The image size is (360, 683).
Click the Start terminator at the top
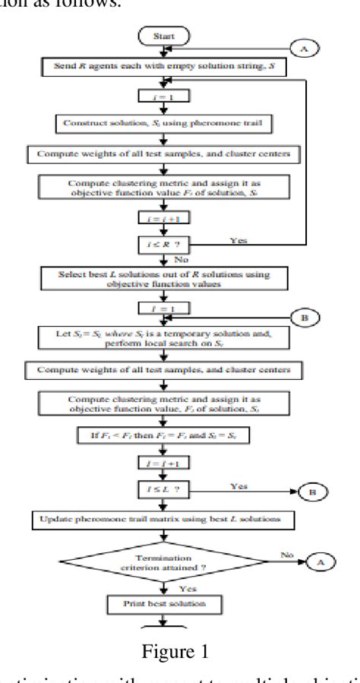pyautogui.click(x=163, y=35)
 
